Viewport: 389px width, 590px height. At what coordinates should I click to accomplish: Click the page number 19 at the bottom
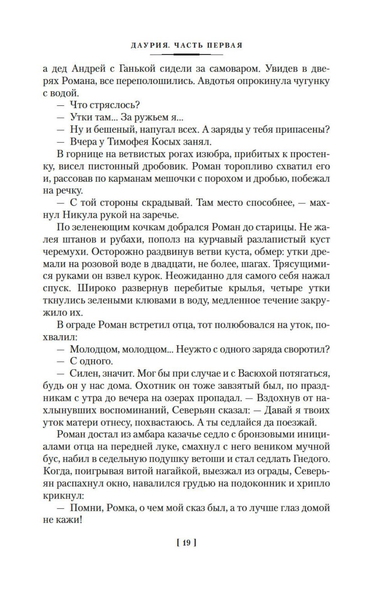[x=186, y=543]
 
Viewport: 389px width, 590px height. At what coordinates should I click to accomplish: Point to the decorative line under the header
[x=186, y=54]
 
